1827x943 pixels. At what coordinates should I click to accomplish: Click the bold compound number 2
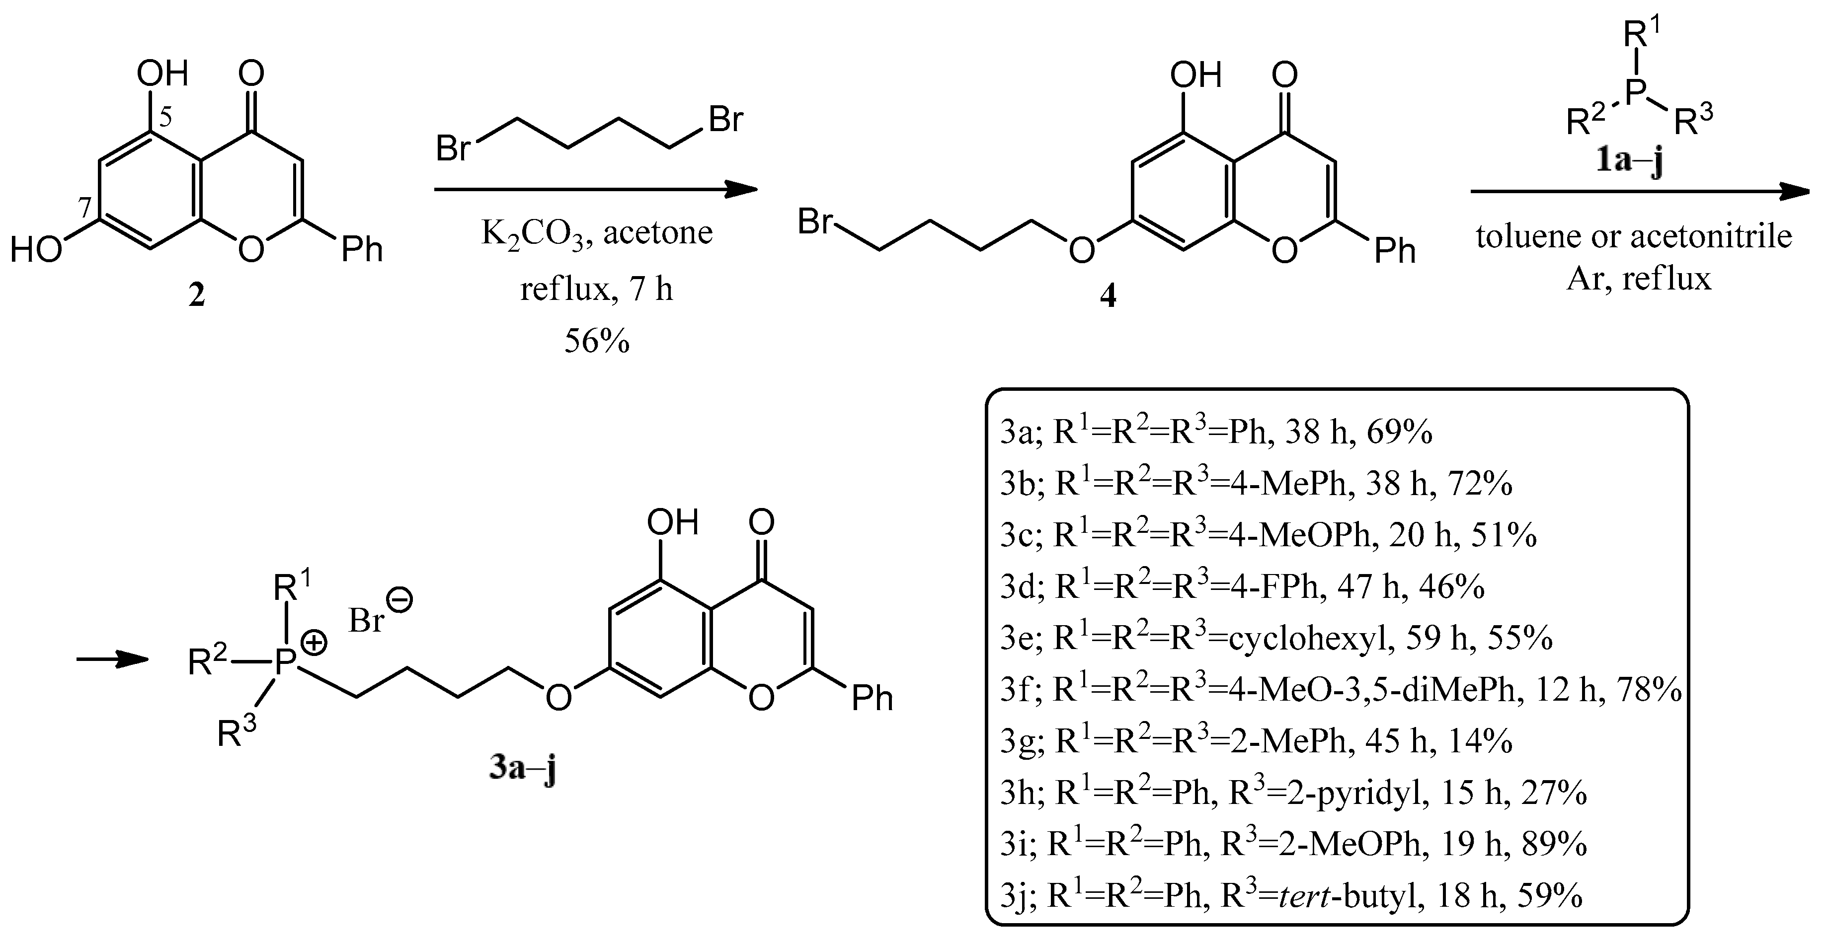pyautogui.click(x=196, y=295)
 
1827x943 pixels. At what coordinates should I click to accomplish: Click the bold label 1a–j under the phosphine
pyautogui.click(x=1629, y=162)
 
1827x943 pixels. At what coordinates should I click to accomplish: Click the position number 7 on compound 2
pyautogui.click(x=84, y=208)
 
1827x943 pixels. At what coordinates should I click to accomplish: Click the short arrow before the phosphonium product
pyautogui.click(x=112, y=660)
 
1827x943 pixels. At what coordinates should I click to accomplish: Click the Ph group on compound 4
pyautogui.click(x=1394, y=251)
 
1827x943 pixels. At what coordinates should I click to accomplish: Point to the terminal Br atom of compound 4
pyautogui.click(x=814, y=222)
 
